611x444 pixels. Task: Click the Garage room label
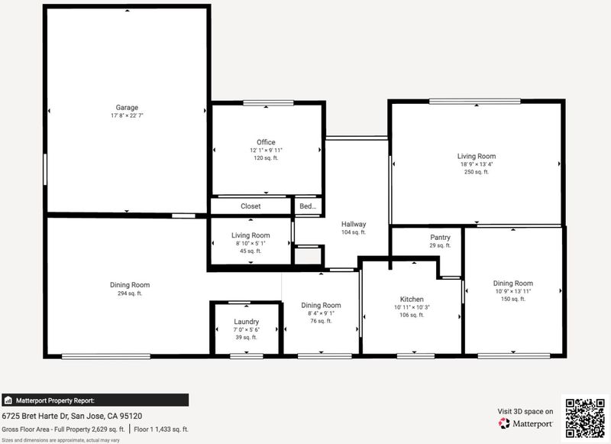coord(127,107)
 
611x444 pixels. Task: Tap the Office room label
coord(266,142)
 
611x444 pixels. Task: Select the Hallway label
coord(354,224)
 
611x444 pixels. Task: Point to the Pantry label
coord(440,238)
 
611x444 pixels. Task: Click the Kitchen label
coord(412,300)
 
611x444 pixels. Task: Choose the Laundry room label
coord(246,322)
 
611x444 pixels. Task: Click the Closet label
coord(251,206)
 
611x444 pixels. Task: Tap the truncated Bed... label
coord(308,206)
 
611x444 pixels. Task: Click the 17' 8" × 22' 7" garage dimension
coord(127,115)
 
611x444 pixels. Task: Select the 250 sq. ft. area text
coord(476,172)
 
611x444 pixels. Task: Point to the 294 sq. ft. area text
coord(130,293)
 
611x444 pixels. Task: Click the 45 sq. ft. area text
coord(251,251)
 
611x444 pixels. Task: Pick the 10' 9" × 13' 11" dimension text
coord(512,291)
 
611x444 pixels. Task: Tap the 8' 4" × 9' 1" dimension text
coord(321,313)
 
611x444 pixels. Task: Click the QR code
coord(585,418)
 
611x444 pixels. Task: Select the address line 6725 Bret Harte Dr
coord(72,416)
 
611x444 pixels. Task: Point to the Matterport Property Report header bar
coord(95,400)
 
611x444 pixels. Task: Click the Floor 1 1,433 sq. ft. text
coord(161,429)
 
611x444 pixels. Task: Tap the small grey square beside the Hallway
coord(308,257)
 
